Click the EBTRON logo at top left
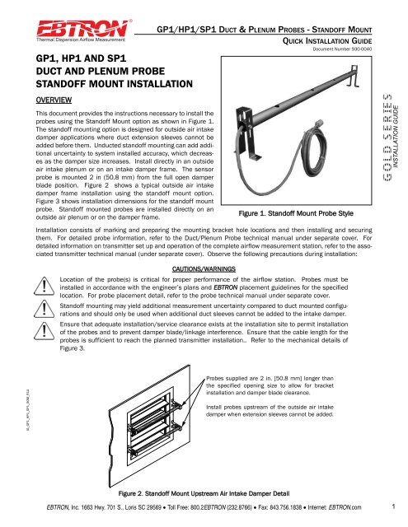tap(82, 29)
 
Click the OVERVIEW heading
tap(54, 100)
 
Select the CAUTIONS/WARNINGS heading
tap(204, 269)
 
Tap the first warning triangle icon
tap(44, 286)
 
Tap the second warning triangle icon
tap(44, 309)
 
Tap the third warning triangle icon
tap(44, 331)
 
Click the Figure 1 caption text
tap(296, 213)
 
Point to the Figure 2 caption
tap(204, 493)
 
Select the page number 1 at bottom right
tap(393, 506)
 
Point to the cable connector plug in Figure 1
tap(317, 124)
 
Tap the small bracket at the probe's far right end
tap(353, 77)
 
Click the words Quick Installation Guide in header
tap(327, 41)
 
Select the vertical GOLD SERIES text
tap(387, 138)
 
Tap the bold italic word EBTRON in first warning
tap(225, 287)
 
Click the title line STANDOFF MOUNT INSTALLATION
tap(115, 84)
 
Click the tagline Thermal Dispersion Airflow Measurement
tap(81, 40)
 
